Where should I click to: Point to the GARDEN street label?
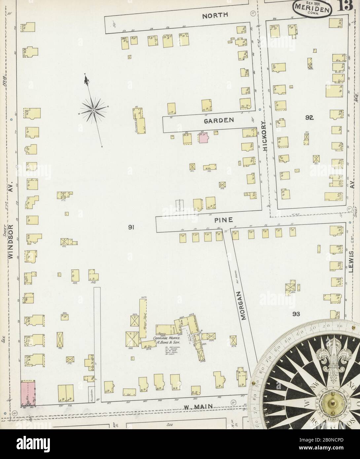click(x=219, y=121)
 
